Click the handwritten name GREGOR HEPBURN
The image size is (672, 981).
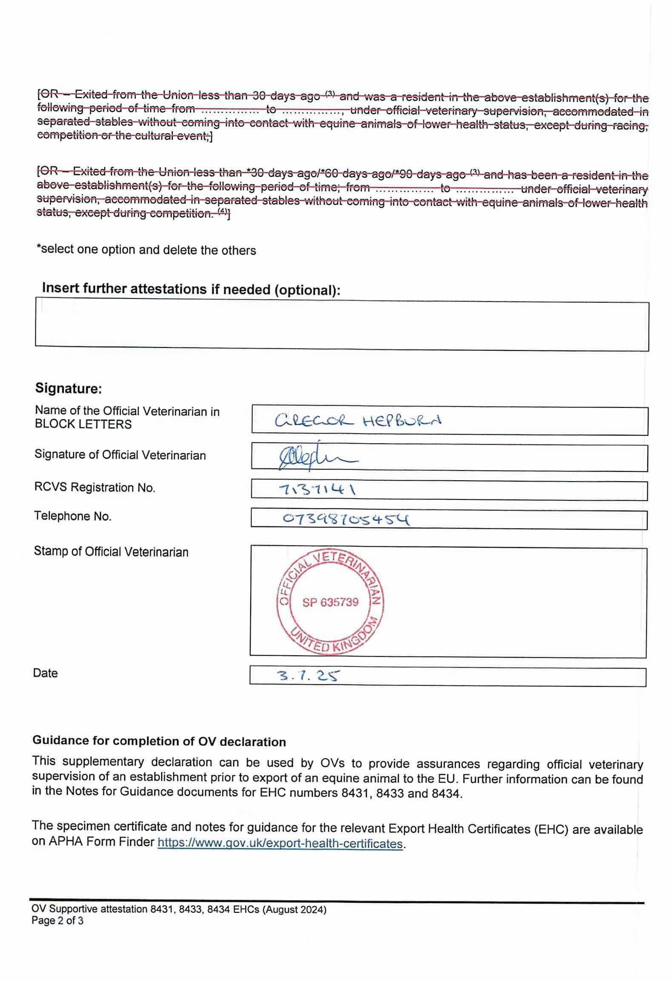coord(358,421)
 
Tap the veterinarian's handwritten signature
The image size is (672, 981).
coord(317,459)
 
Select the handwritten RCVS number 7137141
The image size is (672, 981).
coord(317,490)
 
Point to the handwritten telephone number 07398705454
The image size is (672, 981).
coord(346,519)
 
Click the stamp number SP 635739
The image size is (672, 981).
coord(330,602)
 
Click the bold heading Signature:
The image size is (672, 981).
coord(68,388)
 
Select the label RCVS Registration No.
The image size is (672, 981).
coord(94,488)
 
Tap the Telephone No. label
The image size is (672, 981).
coord(72,516)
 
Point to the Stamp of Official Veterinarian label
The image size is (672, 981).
coord(111,552)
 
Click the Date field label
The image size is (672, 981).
coord(45,673)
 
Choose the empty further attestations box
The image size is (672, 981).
coord(342,326)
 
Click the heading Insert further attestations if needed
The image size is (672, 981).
coord(191,289)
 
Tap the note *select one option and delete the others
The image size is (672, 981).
coord(146,250)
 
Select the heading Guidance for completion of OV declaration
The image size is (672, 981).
coord(159,742)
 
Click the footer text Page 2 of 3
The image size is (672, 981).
coord(57,921)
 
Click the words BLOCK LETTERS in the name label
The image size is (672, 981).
coord(83,424)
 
